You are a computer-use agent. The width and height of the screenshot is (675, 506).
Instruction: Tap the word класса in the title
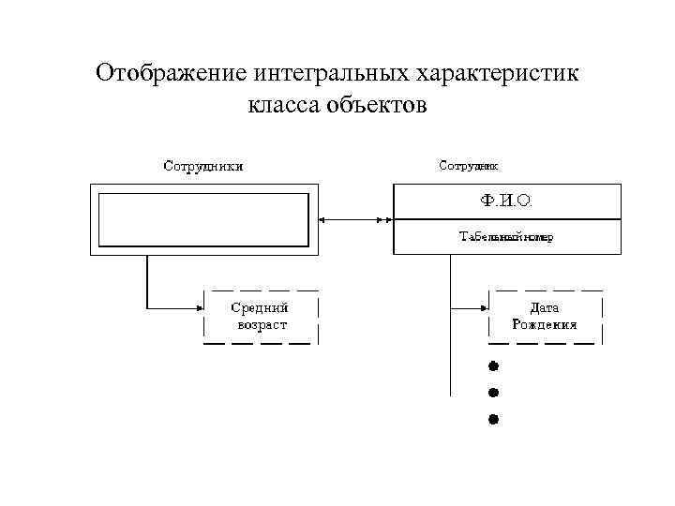(283, 104)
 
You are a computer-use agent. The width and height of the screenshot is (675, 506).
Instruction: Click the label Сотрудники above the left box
(204, 167)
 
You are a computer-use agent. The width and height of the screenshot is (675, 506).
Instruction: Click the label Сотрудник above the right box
(469, 165)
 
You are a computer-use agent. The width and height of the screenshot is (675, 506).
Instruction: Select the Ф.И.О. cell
(506, 201)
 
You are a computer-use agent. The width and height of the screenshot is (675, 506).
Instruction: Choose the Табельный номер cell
(506, 237)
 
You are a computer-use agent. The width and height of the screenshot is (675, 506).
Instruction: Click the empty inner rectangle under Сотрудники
(204, 218)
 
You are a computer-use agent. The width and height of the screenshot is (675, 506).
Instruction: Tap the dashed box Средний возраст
(261, 316)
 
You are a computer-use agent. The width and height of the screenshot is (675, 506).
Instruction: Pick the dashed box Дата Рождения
(545, 316)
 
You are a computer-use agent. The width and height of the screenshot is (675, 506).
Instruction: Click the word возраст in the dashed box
(262, 325)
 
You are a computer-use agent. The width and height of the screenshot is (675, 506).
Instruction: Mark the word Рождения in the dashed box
(545, 325)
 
